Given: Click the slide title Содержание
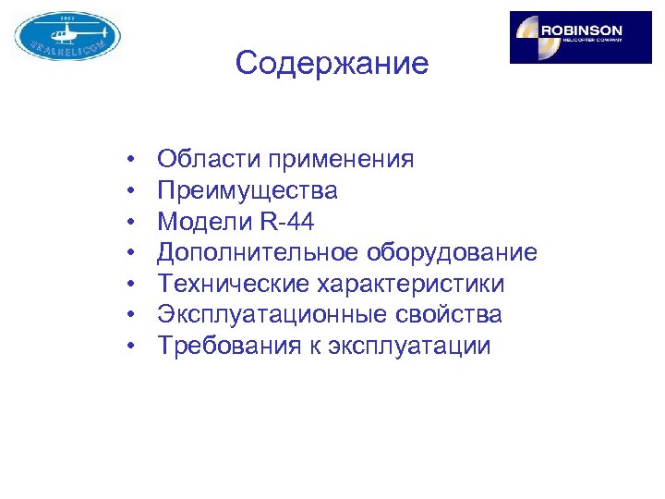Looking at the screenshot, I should click(x=332, y=64).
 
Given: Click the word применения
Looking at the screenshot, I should click(x=340, y=161).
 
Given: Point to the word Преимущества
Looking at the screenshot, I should click(x=247, y=191).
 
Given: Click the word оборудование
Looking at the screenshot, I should click(x=453, y=253).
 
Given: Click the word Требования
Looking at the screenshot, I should click(x=218, y=347).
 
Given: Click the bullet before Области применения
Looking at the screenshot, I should click(x=134, y=161).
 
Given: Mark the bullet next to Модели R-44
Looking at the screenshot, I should click(x=134, y=223).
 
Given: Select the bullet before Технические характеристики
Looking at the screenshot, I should click(x=134, y=285).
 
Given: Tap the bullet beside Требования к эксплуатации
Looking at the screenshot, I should click(x=134, y=347).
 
